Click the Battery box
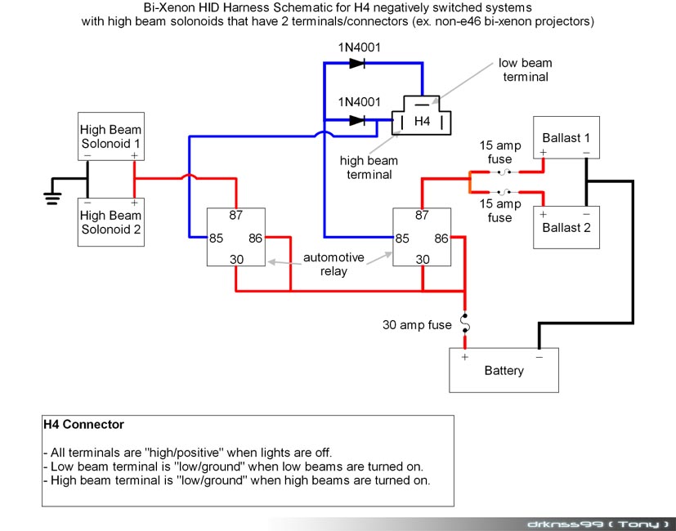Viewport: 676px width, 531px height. [504, 370]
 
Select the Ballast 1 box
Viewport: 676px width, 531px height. [566, 137]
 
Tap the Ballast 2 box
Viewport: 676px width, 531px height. [566, 227]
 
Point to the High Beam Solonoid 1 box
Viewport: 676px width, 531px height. [111, 136]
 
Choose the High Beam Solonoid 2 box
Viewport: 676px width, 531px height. [111, 222]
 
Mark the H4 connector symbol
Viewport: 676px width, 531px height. [422, 115]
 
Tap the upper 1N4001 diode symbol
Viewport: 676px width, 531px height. [357, 64]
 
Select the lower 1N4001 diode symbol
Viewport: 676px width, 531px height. [357, 120]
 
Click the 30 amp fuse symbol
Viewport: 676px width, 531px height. [465, 324]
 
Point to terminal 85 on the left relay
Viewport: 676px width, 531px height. [216, 238]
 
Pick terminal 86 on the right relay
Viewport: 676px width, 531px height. [441, 238]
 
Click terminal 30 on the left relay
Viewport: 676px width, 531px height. [236, 259]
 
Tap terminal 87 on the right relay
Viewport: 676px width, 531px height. [422, 215]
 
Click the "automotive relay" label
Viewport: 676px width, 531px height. [334, 264]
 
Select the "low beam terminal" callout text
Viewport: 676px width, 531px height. [525, 69]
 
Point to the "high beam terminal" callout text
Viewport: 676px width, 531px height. [369, 167]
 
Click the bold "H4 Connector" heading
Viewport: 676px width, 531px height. [83, 425]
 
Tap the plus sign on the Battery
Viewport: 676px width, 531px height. [465, 357]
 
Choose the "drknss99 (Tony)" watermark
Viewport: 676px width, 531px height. [599, 524]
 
